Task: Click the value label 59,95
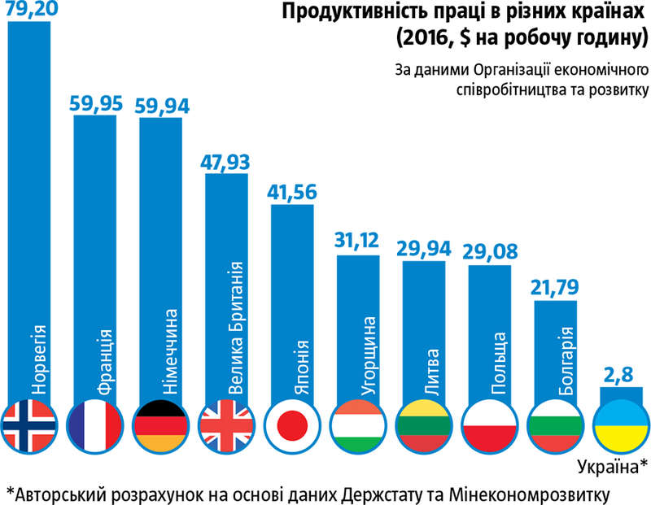pos(95,103)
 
